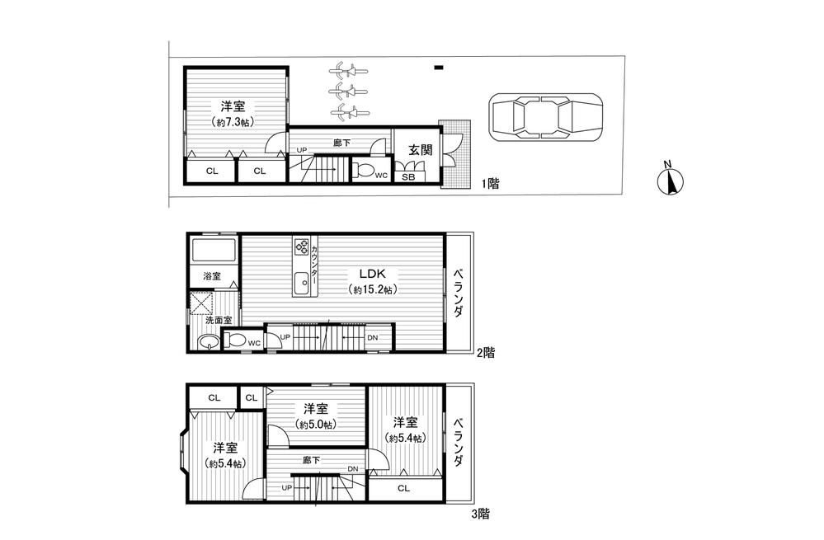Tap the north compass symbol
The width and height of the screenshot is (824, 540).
point(672,181)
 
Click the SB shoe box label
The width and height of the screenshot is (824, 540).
point(407,177)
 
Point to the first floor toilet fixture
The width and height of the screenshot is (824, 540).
point(364,171)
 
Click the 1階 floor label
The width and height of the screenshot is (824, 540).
point(491,185)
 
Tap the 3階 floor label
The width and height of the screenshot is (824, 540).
point(480,514)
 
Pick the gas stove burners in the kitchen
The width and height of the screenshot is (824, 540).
point(302,247)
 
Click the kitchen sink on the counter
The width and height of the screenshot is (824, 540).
point(302,280)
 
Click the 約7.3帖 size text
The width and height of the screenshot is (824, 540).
point(233,122)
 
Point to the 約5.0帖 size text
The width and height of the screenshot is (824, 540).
point(315,425)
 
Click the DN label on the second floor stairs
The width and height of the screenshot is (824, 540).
point(372,338)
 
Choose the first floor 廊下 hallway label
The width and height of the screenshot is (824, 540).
point(341,142)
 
